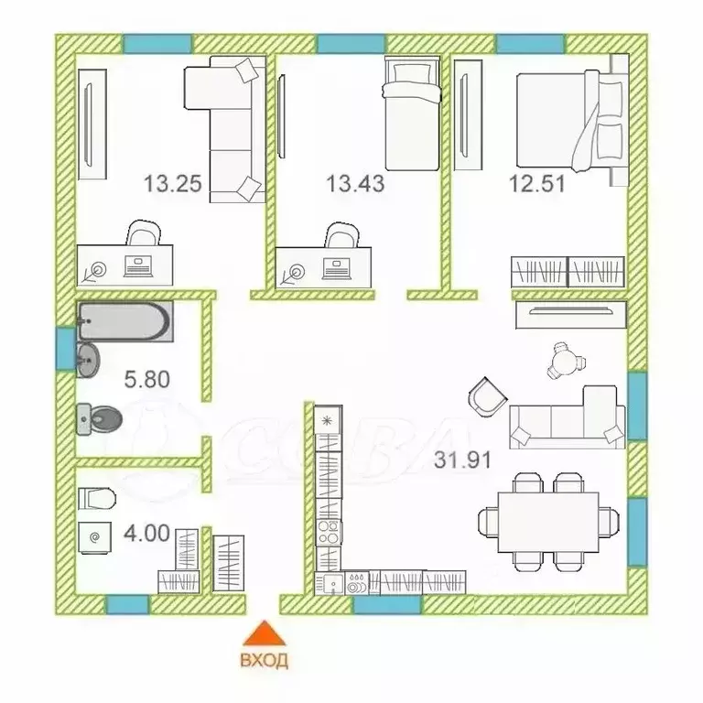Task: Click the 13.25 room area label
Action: (x=173, y=184)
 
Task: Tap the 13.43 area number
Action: (x=355, y=184)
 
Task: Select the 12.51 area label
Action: (x=537, y=184)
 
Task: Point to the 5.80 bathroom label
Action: (x=147, y=379)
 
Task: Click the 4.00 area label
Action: (x=146, y=534)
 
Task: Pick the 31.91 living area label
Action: (x=462, y=460)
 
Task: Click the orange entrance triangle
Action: (x=264, y=633)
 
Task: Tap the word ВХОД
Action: (x=264, y=660)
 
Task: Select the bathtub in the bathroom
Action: (x=125, y=321)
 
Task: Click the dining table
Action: (x=548, y=523)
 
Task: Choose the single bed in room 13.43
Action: (x=412, y=114)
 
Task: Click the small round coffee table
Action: (x=565, y=360)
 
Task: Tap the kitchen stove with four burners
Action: (x=329, y=532)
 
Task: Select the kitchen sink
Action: (x=330, y=583)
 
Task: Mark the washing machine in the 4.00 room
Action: (x=94, y=538)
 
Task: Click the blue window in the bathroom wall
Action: (x=66, y=350)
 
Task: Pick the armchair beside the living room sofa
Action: (x=487, y=396)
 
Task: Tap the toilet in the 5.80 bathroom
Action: (x=99, y=419)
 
